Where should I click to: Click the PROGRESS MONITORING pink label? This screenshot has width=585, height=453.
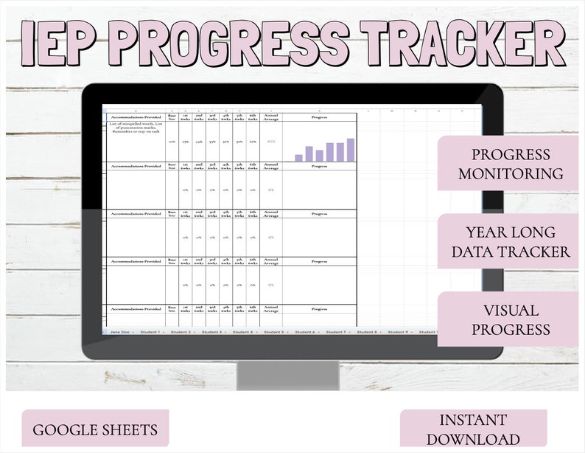click(x=510, y=164)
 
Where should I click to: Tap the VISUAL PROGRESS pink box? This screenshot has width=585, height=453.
click(x=510, y=319)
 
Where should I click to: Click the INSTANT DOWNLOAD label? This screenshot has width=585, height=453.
click(x=473, y=429)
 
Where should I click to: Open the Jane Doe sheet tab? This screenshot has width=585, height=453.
click(x=120, y=332)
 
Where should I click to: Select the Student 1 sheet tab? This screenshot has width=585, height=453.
click(x=150, y=332)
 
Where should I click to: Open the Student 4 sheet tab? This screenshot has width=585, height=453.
click(x=242, y=332)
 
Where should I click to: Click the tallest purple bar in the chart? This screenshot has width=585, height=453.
click(x=351, y=150)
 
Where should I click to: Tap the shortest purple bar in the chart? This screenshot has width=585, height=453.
click(x=298, y=157)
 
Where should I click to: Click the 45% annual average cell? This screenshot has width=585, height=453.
click(x=271, y=142)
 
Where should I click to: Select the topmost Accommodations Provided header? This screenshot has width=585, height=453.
click(x=136, y=117)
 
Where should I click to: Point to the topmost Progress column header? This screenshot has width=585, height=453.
click(x=319, y=117)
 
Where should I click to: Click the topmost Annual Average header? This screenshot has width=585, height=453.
click(x=271, y=117)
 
